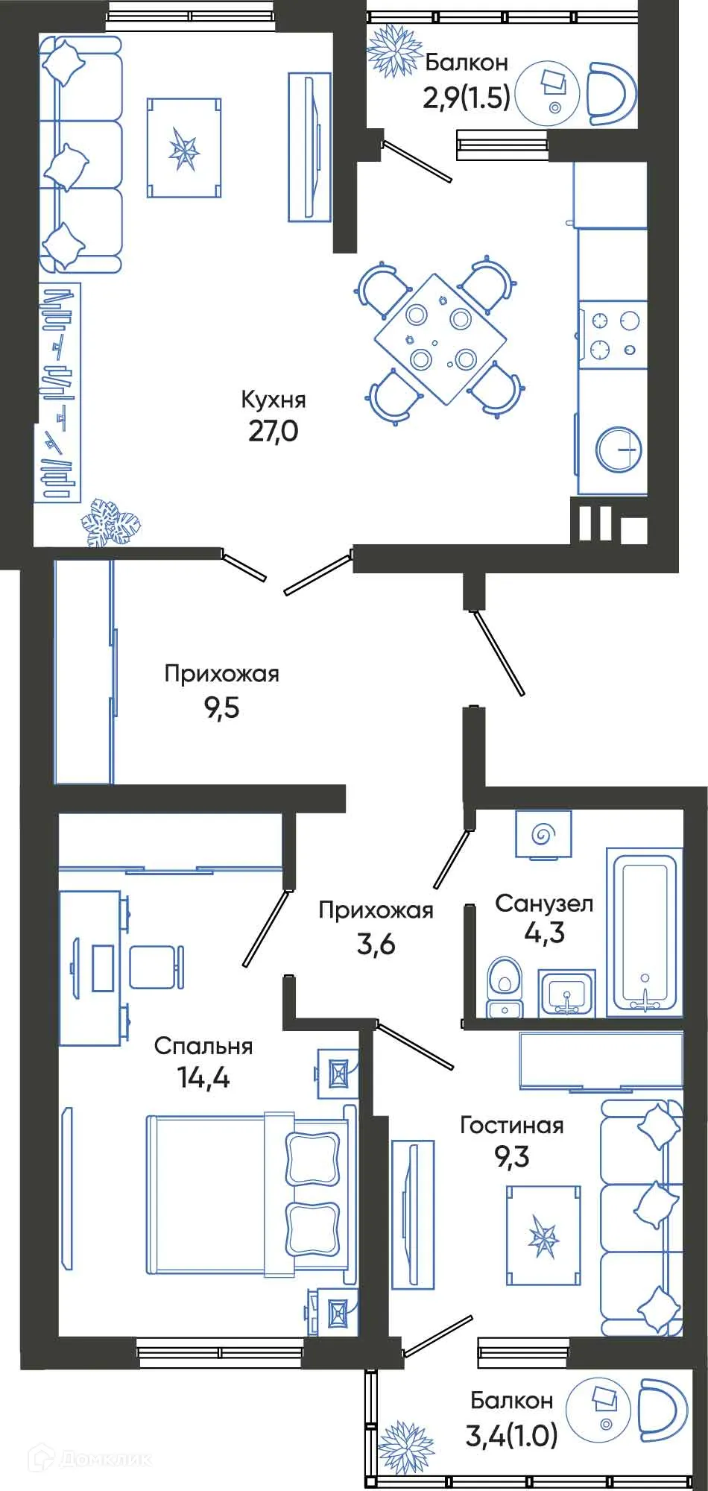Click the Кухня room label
tap(273, 400)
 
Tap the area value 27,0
tap(273, 431)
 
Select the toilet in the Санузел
tap(505, 987)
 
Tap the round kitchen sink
tap(619, 450)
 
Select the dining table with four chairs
tap(440, 339)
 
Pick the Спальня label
tap(203, 1046)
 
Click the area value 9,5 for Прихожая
tap(221, 707)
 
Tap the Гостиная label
tap(511, 1125)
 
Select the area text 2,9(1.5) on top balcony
tap(467, 97)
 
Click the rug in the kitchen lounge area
tap(184, 148)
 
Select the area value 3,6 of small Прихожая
tap(376, 944)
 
